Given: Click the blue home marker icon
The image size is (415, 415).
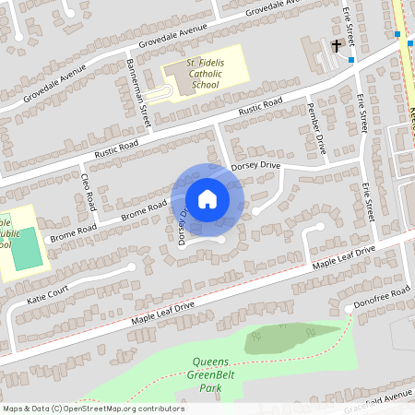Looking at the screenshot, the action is click(x=207, y=198).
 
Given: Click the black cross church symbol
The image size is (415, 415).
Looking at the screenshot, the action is click(x=337, y=44).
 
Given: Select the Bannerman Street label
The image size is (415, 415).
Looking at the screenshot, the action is click(x=143, y=104).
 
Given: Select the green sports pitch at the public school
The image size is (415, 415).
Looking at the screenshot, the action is click(x=28, y=249).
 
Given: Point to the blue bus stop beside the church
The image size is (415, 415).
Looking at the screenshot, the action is click(x=351, y=60).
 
